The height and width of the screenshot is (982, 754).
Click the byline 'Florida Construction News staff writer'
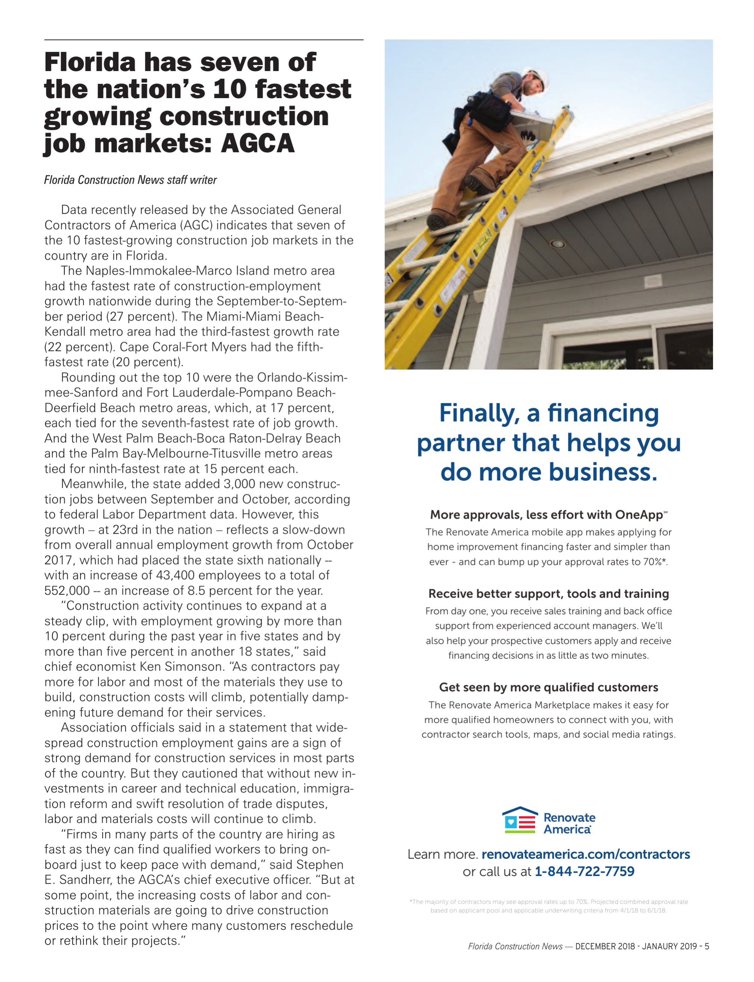(130, 180)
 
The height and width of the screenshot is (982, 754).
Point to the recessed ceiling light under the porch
(558, 244)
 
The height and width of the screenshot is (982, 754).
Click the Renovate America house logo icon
(520, 820)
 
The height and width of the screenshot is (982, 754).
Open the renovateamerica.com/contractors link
(585, 854)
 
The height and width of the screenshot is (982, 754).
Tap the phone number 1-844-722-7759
(584, 872)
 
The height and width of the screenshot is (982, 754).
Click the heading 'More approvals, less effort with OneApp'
(546, 514)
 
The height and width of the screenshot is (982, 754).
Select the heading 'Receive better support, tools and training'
(548, 593)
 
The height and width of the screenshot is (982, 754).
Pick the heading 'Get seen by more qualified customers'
(548, 687)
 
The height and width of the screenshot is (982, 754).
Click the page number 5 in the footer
(707, 946)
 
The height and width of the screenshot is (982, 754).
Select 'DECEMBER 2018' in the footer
(604, 946)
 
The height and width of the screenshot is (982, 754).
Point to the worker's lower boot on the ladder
(438, 221)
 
